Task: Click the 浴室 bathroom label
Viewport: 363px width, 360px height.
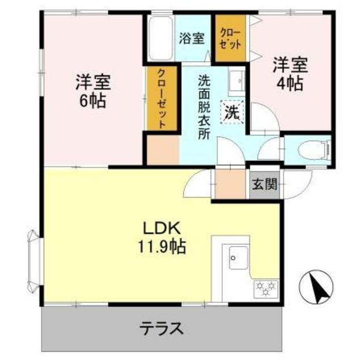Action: coord(192,39)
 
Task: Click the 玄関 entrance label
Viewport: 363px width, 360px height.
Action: coord(264,185)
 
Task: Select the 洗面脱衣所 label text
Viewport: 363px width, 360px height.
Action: coord(203,108)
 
